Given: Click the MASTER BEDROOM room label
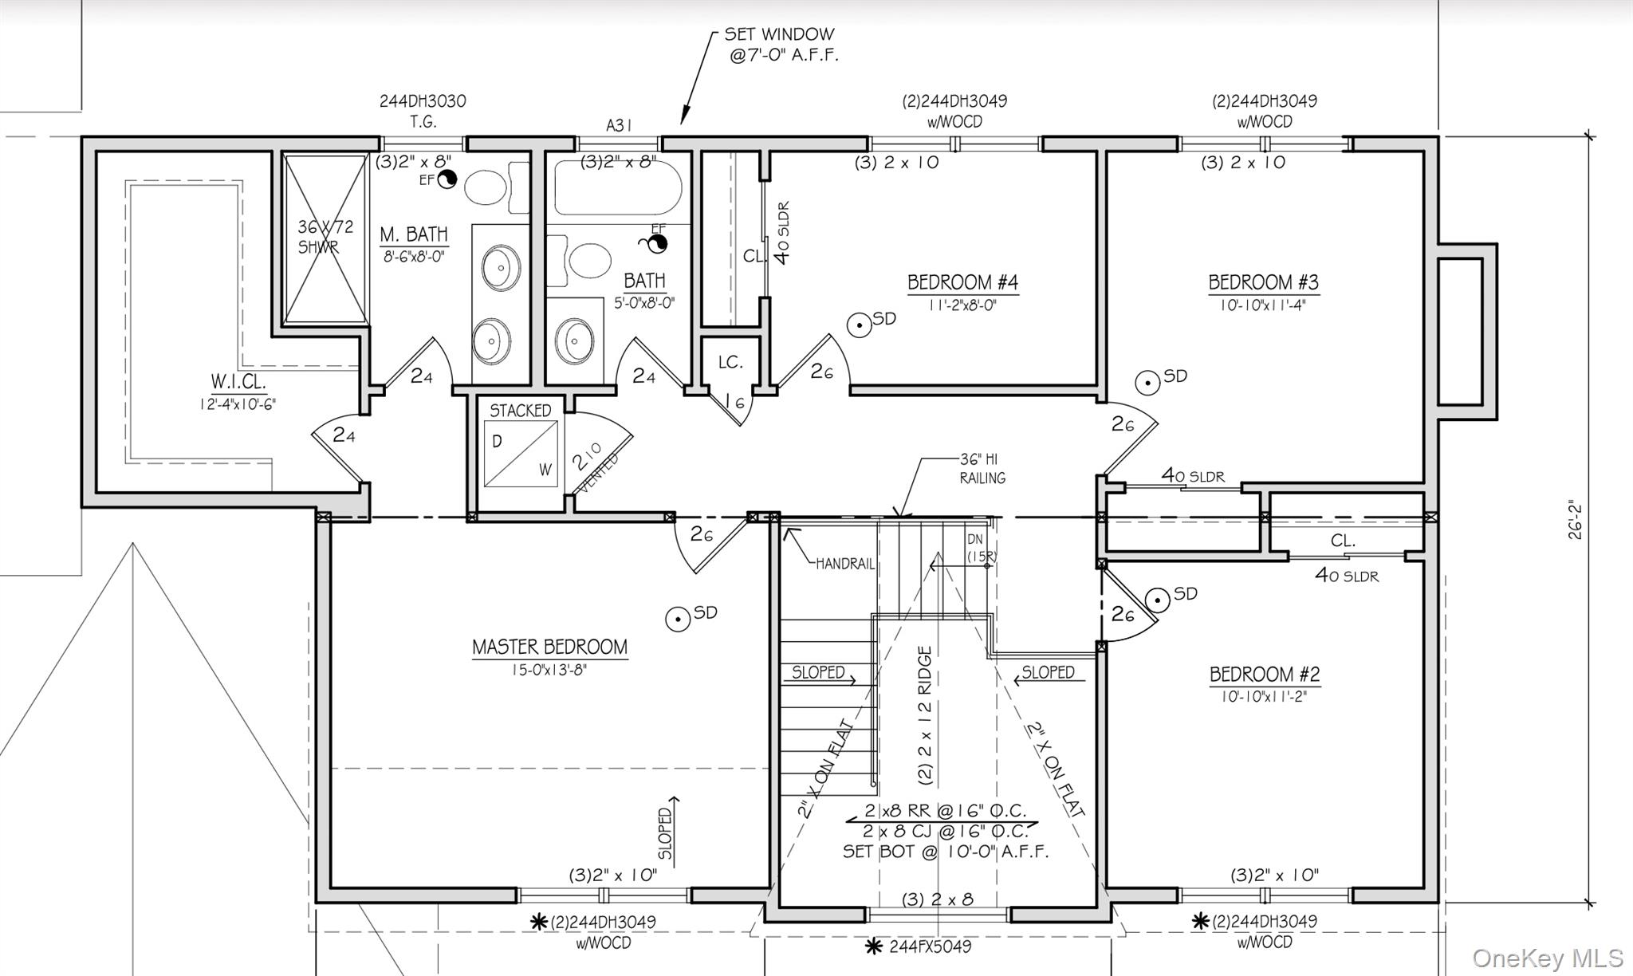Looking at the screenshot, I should pos(549,647).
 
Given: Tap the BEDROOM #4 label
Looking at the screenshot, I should pos(962,283).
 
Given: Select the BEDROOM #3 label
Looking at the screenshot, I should pos(1263,283).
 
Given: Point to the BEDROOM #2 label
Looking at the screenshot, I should pos(1265,675).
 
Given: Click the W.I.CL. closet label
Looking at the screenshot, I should pos(238,381).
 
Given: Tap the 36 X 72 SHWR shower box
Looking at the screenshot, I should pos(325,238).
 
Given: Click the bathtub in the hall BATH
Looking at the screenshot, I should pos(618,187).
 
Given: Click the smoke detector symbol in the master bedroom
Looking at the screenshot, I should pos(679,618).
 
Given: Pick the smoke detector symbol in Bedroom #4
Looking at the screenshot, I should pos(859,325).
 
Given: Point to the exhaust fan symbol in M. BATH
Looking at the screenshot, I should pos(447,179).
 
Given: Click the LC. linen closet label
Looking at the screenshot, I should pos(730,363).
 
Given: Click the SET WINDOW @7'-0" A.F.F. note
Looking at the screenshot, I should pos(780,45).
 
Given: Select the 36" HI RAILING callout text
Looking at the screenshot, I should pos(982,469).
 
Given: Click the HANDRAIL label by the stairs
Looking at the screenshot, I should pos(845,564).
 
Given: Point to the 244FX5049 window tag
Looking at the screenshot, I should pos(930,946).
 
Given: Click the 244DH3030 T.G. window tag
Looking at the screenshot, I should pos(423,111).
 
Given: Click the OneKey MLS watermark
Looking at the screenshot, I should pos(1547,957).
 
